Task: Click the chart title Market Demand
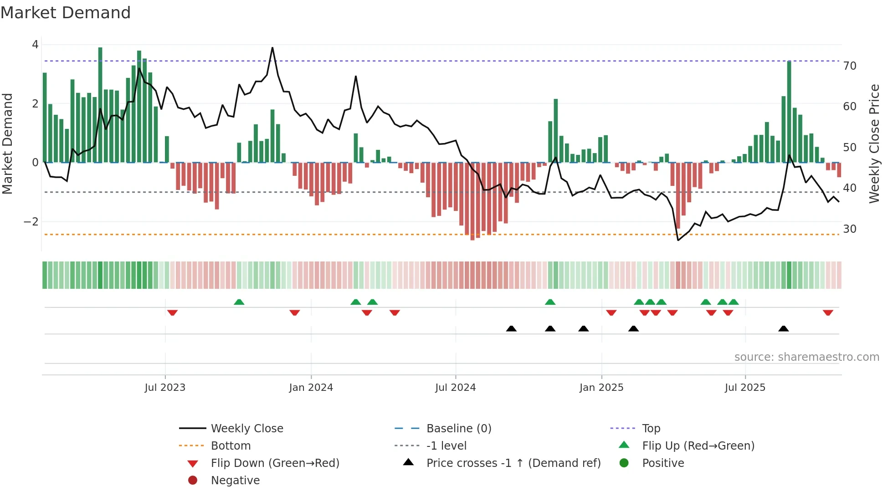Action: [x=66, y=13]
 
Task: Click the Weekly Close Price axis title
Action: [x=874, y=143]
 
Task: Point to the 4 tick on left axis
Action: [x=35, y=45]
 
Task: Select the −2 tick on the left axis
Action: [x=31, y=222]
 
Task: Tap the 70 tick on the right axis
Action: [x=850, y=66]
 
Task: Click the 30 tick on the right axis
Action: [x=850, y=229]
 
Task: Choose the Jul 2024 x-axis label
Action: [x=455, y=388]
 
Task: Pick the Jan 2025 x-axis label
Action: [x=601, y=388]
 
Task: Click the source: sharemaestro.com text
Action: [x=806, y=357]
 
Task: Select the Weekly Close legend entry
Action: [x=246, y=429]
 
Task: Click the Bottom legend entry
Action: [x=231, y=446]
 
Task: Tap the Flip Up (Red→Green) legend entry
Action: [x=698, y=446]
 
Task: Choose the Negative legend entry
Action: [x=235, y=481]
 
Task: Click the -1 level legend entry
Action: [x=446, y=446]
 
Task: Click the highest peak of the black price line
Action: [x=272, y=48]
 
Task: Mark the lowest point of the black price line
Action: [x=678, y=240]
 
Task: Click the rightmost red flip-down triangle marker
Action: [x=828, y=313]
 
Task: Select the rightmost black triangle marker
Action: [x=784, y=328]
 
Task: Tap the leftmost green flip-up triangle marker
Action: [x=239, y=302]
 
